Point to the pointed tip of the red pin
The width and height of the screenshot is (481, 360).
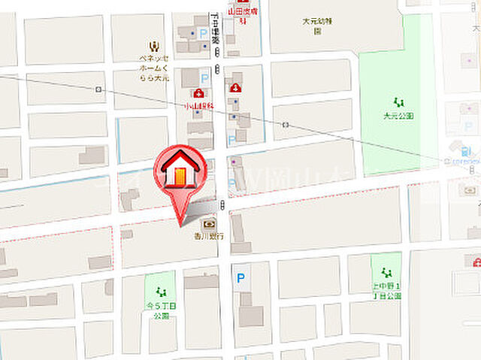point(180,223)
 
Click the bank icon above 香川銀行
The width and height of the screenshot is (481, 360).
point(207,223)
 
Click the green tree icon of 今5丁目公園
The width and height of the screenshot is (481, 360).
point(159,292)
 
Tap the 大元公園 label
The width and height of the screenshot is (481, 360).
point(398,116)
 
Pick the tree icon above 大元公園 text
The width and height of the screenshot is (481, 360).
point(398,102)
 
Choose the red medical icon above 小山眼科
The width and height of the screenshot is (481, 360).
point(198,93)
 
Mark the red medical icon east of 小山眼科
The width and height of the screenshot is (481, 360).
point(235,88)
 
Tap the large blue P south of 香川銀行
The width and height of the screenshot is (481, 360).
point(240,277)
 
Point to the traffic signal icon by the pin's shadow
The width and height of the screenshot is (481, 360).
point(223,206)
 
